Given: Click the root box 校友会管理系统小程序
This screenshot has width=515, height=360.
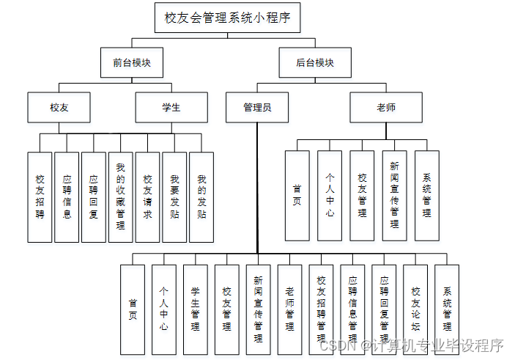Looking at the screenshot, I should tap(228, 18).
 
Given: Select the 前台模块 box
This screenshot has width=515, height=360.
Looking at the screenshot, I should tap(132, 63).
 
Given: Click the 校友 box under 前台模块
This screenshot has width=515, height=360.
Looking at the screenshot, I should tap(59, 107).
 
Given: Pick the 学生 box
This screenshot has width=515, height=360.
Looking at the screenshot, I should tap(171, 107).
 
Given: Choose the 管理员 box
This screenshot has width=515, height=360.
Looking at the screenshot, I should tap(257, 107).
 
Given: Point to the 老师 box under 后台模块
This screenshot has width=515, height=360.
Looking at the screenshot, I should tap(385, 107).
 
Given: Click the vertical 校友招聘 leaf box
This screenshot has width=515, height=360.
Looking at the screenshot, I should tap(40, 196).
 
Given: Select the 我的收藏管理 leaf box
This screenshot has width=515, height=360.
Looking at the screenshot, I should tap(121, 196).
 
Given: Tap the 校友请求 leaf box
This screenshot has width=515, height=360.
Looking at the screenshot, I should tap(147, 196).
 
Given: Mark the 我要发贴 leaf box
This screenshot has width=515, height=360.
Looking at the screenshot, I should tap(174, 196).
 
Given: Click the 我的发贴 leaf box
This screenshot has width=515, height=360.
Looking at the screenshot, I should tap(201, 196).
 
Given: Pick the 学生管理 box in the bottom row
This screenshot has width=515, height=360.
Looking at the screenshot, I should tap(196, 309).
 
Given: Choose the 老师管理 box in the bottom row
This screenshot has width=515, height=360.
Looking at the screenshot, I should tap(290, 309).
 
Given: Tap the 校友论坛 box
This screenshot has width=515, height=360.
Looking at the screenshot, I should tap(415, 309).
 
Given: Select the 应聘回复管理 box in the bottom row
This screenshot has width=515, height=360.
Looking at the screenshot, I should tap(384, 309).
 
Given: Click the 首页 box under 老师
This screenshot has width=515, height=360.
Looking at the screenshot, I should tap(297, 195).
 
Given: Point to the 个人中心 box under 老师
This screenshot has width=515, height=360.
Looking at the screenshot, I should tap(330, 195).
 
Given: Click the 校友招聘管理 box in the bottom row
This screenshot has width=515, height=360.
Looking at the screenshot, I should tap(322, 309).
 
